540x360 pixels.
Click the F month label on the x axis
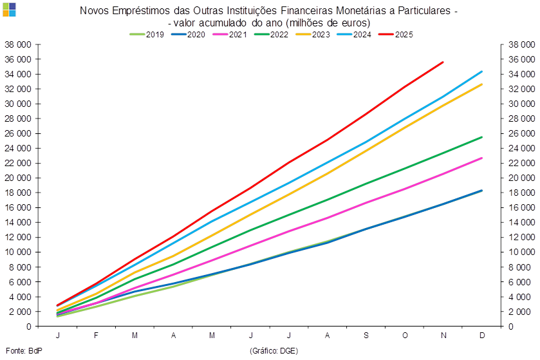[x=96, y=336]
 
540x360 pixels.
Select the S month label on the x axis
[x=366, y=336]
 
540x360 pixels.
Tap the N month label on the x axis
[x=443, y=336]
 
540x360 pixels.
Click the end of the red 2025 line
[x=443, y=62]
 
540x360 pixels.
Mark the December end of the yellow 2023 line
[x=482, y=84]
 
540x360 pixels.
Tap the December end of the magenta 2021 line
[x=482, y=158]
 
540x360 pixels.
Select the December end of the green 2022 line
[x=482, y=137]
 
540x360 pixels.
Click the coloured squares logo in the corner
[x=9, y=9]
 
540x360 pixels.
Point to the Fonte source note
[x=15, y=350]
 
